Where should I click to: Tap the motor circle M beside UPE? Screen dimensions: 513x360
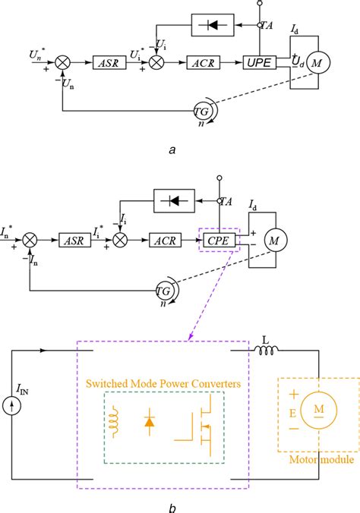tap(317, 64)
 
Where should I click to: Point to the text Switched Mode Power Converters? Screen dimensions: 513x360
tap(164, 384)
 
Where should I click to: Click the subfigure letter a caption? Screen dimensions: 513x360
tap(172, 149)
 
